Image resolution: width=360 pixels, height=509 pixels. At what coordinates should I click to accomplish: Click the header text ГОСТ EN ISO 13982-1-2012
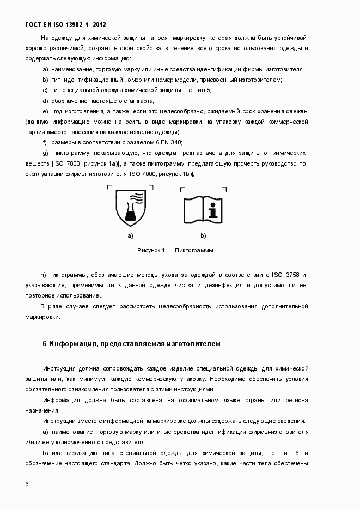(65, 25)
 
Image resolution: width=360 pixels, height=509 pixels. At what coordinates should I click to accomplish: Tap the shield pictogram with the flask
(130, 207)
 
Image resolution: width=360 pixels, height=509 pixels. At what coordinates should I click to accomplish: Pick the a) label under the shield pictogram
(130, 236)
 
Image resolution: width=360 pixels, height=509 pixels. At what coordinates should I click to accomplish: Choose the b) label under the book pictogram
(203, 236)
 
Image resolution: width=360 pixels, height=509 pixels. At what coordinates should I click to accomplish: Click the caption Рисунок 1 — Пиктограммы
(175, 250)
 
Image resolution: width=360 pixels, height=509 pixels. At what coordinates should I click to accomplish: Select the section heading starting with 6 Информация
(131, 344)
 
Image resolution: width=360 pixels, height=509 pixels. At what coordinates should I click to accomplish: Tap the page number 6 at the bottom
(27, 484)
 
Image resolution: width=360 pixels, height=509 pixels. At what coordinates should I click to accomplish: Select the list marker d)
(46, 101)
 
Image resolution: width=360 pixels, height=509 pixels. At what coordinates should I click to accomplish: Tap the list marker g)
(46, 153)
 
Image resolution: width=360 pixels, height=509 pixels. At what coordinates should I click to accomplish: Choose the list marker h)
(43, 275)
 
